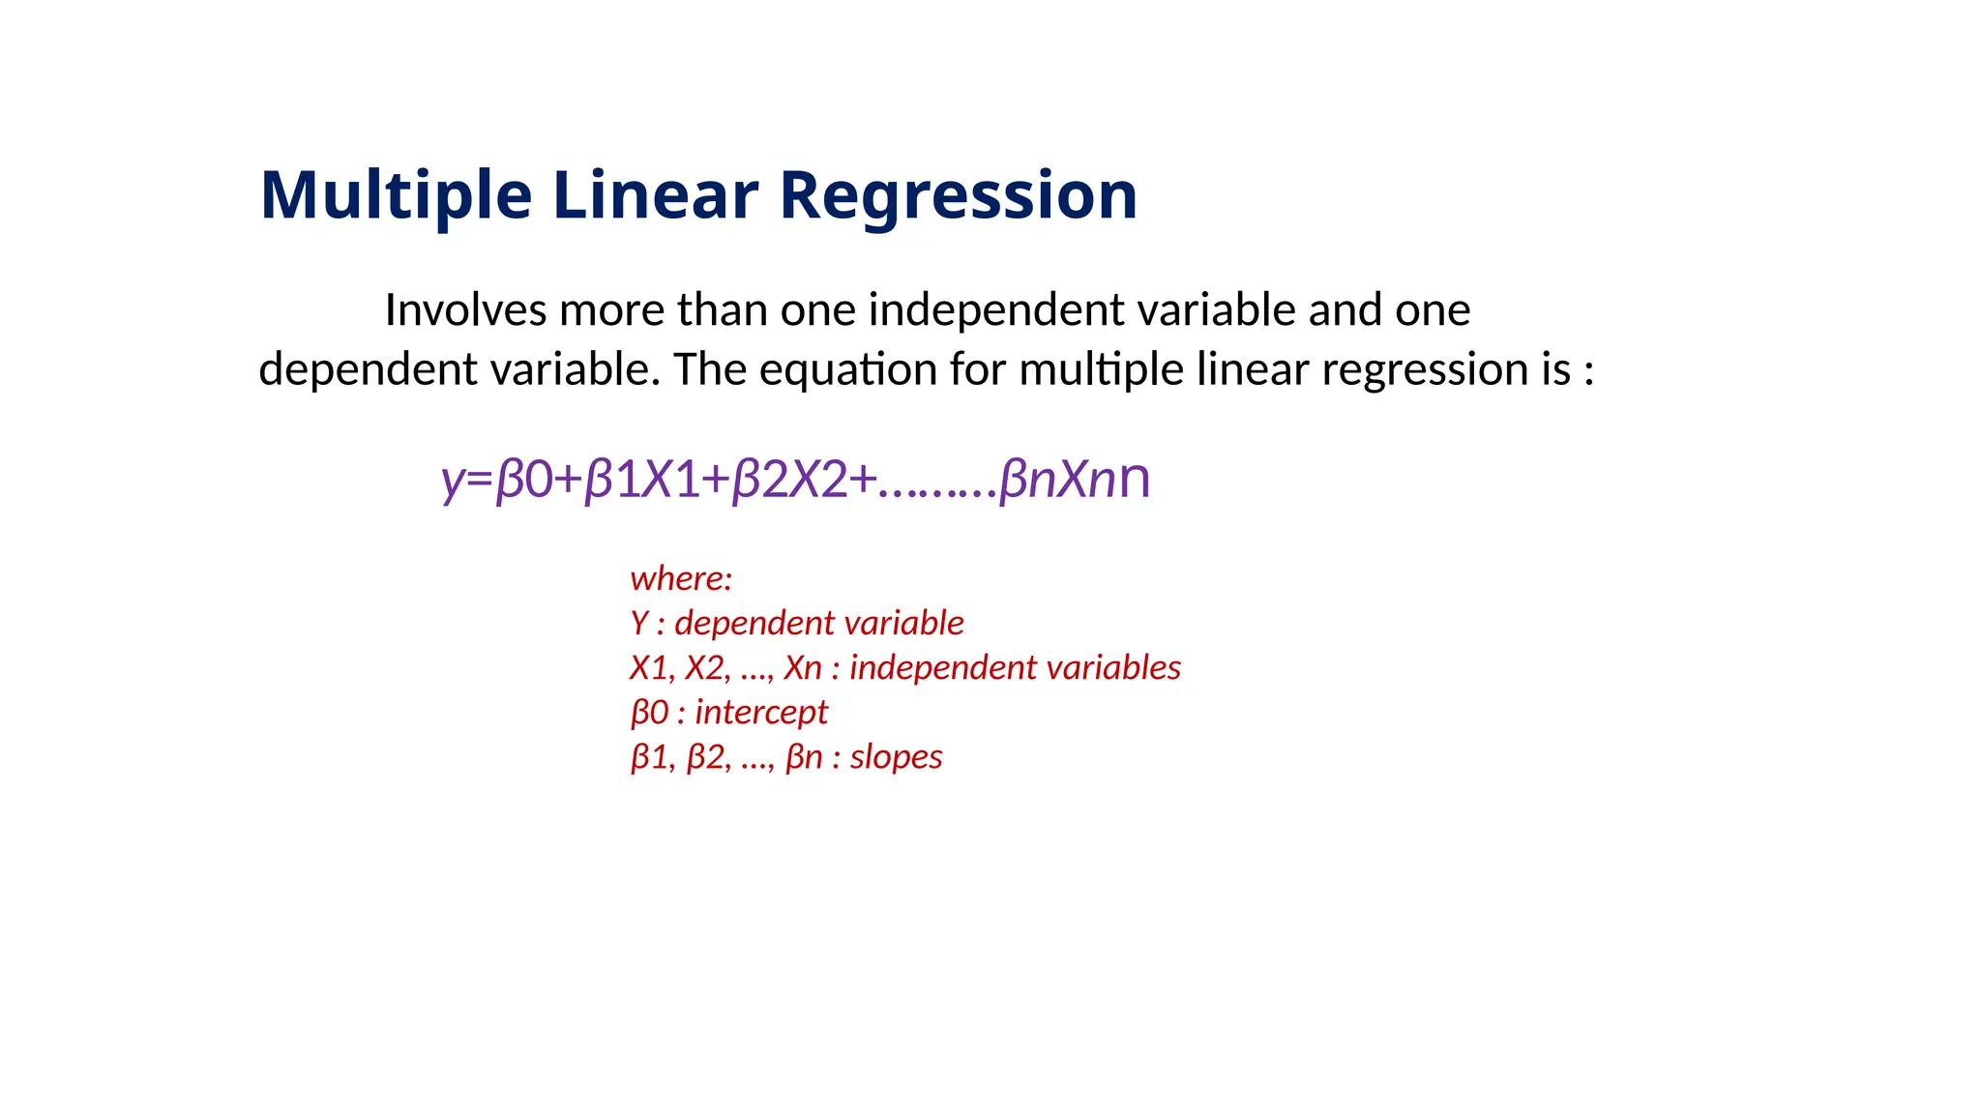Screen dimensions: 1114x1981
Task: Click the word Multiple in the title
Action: [x=396, y=195]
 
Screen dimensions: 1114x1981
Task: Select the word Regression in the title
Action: [x=958, y=195]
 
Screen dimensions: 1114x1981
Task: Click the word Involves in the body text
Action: [x=465, y=310]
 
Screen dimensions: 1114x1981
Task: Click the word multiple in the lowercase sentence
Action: [x=1101, y=369]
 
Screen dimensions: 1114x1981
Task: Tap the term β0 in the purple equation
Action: [x=523, y=479]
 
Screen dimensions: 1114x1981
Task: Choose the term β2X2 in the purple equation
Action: [x=789, y=479]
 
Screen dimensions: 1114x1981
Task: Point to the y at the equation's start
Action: [x=452, y=481]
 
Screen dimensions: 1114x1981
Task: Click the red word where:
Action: [x=681, y=578]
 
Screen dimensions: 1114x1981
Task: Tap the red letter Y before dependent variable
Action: [x=639, y=623]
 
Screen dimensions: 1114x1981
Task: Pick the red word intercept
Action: [x=761, y=713]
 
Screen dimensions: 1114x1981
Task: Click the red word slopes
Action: [x=896, y=756]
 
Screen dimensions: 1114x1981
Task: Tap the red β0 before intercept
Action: [x=649, y=713]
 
